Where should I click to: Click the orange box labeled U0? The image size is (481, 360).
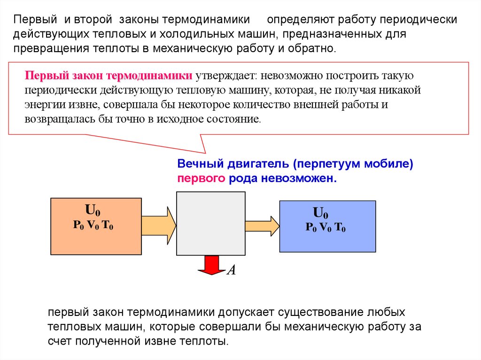(96, 226)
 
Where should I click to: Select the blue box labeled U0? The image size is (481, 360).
(327, 226)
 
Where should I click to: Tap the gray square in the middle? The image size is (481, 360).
(211, 223)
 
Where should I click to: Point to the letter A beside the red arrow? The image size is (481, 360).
(231, 271)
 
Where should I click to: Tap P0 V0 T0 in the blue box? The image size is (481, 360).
(326, 229)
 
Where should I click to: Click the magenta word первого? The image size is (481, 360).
(202, 179)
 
